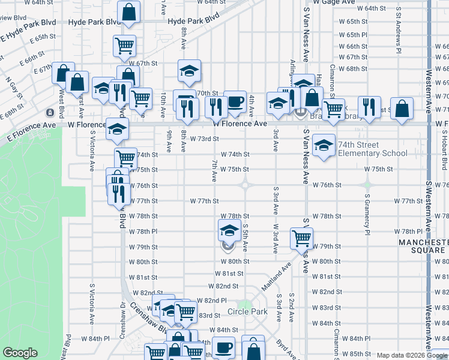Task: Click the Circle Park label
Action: click(247, 311)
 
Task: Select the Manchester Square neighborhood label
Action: click(423, 245)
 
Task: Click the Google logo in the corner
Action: click(20, 353)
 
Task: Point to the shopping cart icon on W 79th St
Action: click(301, 238)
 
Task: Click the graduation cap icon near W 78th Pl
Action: click(228, 230)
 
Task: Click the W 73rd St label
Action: click(204, 139)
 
